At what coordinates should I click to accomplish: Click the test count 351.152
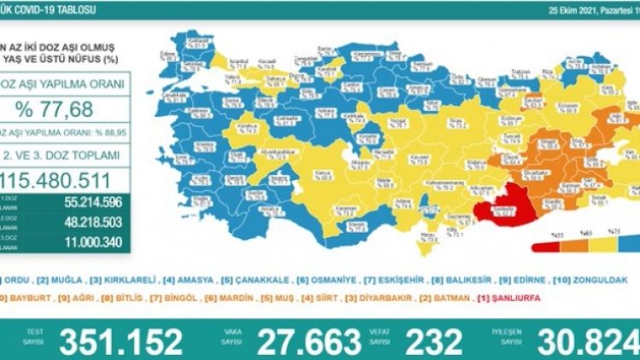[x=120, y=341]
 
